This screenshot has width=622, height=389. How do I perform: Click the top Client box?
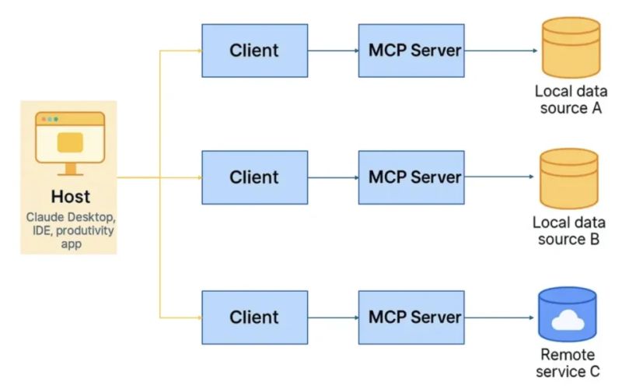254,51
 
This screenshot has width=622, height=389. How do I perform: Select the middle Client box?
254,177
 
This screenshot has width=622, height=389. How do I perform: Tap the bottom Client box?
254,317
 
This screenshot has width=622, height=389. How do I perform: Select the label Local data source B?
569,231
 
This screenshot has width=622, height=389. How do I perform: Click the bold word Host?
71,197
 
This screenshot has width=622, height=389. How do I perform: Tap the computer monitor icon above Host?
69,142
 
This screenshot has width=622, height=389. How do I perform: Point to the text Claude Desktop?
71,216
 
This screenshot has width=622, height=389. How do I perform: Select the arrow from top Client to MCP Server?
333,51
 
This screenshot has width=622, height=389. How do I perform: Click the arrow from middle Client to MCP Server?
333,178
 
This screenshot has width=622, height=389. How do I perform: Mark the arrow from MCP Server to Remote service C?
501,318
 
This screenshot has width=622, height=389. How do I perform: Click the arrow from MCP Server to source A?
501,51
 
